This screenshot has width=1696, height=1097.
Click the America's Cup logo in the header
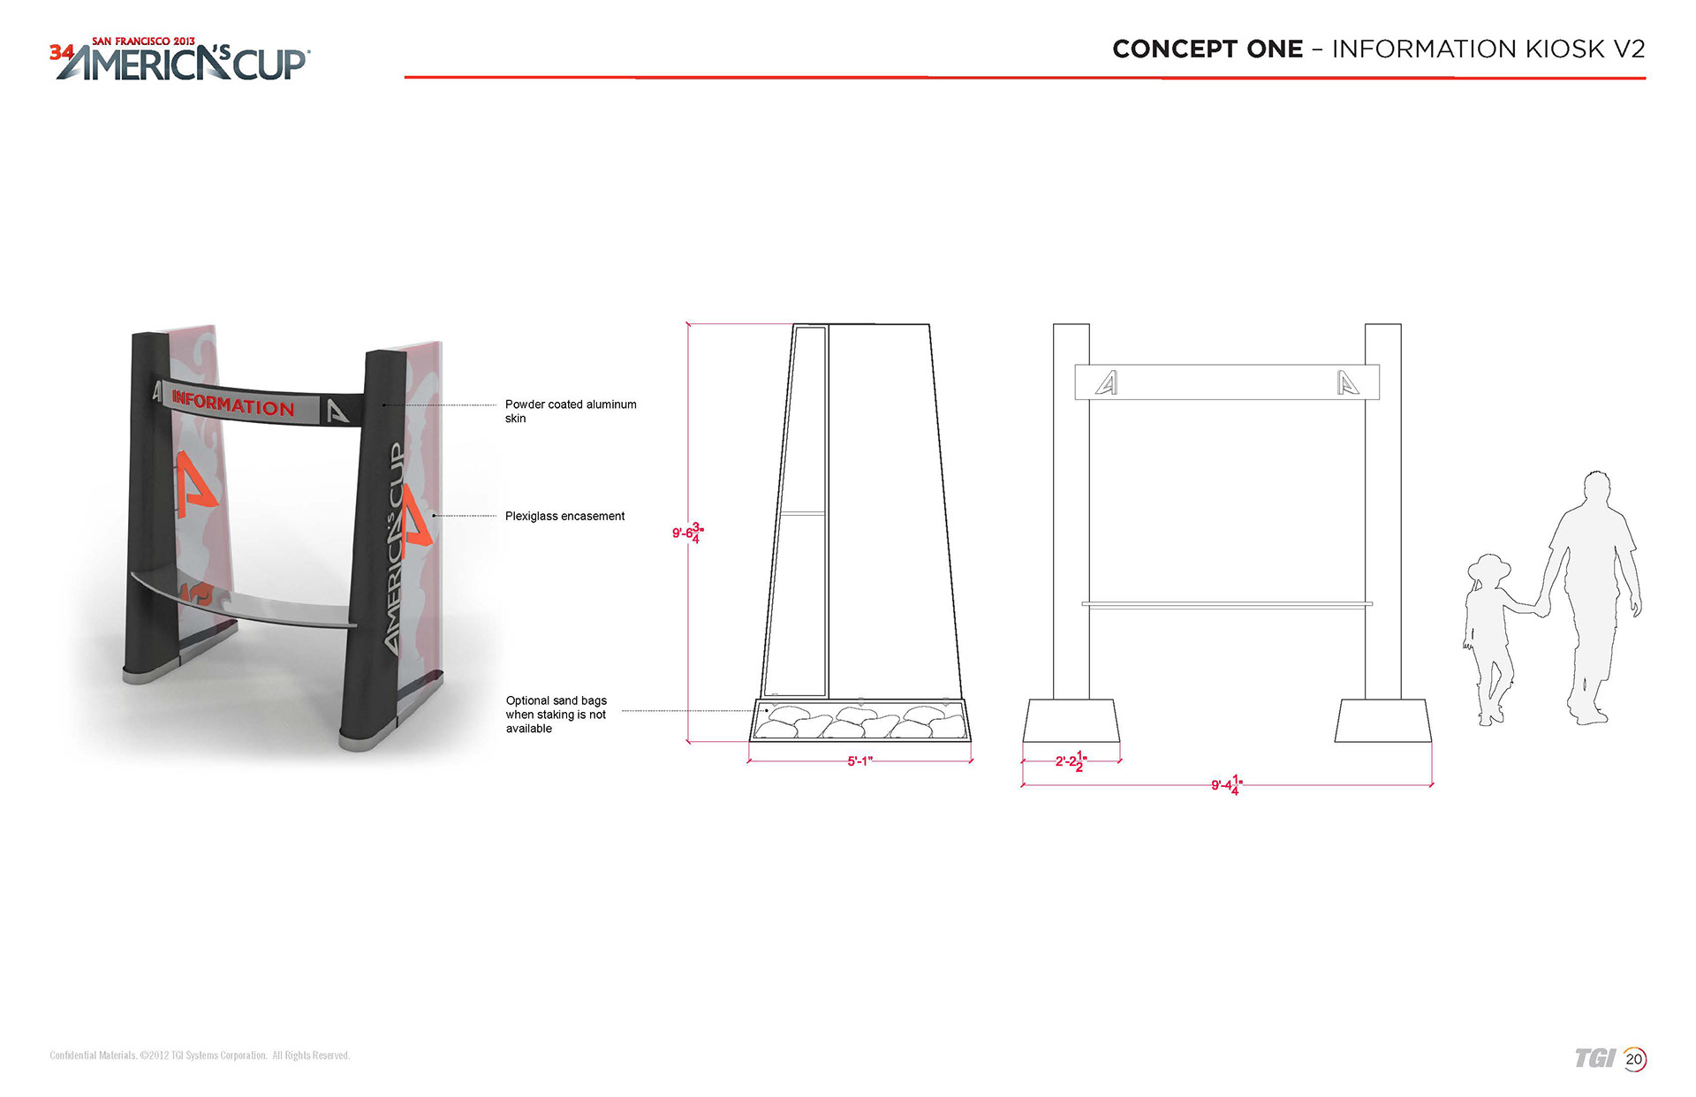179,59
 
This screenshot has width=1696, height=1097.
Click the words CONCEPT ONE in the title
1208,49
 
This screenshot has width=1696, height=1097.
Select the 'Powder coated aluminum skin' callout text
571,412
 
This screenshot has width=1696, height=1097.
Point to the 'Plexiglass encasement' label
564,516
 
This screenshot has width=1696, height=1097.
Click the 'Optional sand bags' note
556,715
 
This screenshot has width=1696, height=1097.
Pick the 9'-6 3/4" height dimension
688,533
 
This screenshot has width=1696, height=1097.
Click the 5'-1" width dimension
859,760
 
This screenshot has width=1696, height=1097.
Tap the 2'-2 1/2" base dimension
1071,760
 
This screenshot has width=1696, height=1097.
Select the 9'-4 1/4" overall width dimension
1226,784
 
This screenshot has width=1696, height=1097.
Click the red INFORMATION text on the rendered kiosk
233,404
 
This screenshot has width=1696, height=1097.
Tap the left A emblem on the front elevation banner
1106,382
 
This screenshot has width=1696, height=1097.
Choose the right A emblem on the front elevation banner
1348,382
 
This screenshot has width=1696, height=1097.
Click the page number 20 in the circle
1634,1059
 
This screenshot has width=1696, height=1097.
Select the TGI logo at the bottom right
1594,1058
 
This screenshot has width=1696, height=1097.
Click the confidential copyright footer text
200,1055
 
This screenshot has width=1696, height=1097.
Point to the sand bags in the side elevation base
859,722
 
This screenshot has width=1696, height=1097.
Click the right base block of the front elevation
1382,721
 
